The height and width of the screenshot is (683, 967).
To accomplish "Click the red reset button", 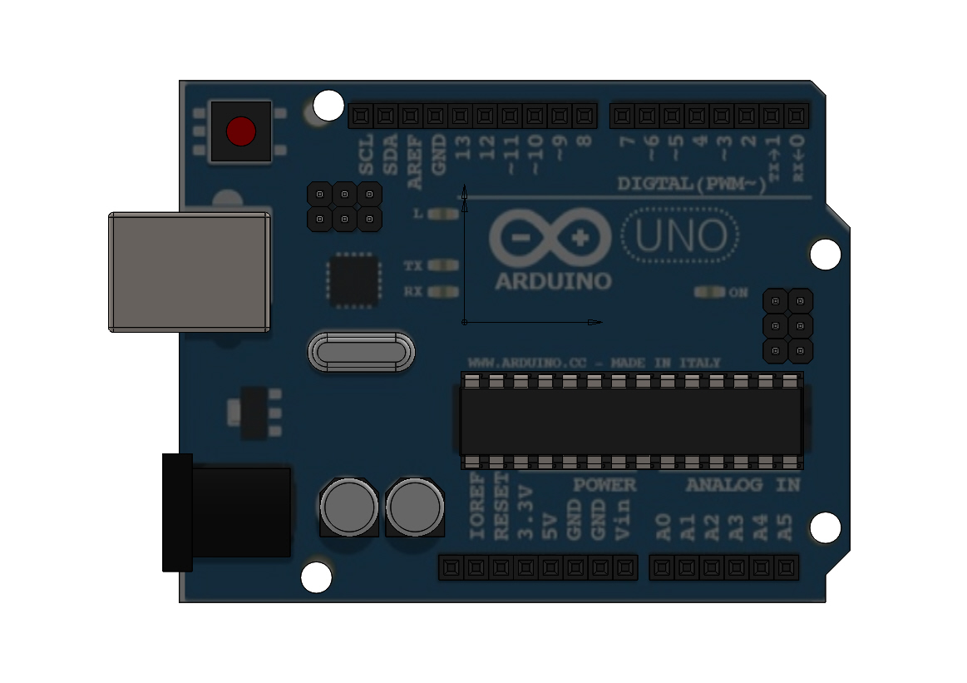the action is tap(241, 131).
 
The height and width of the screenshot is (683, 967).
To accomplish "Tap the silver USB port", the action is tap(189, 272).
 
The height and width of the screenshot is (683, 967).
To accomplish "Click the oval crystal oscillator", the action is tap(361, 352).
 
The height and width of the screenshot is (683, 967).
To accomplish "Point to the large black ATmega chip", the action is tap(631, 420).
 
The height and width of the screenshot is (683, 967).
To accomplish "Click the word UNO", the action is tap(680, 237).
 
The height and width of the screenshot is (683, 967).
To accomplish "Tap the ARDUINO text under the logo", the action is tap(553, 281).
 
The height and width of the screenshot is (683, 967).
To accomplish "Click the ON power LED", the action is tap(709, 293).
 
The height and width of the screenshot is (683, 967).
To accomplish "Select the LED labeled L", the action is tap(447, 214).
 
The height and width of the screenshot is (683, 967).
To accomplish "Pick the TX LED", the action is tap(447, 266).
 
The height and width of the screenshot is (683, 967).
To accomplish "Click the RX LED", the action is tap(447, 292).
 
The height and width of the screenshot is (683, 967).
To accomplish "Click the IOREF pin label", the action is tap(477, 507).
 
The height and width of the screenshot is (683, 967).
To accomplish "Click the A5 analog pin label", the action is tap(786, 528).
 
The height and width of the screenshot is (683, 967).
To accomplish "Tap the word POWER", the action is tap(604, 484).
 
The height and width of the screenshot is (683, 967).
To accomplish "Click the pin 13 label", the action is tap(463, 148).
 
